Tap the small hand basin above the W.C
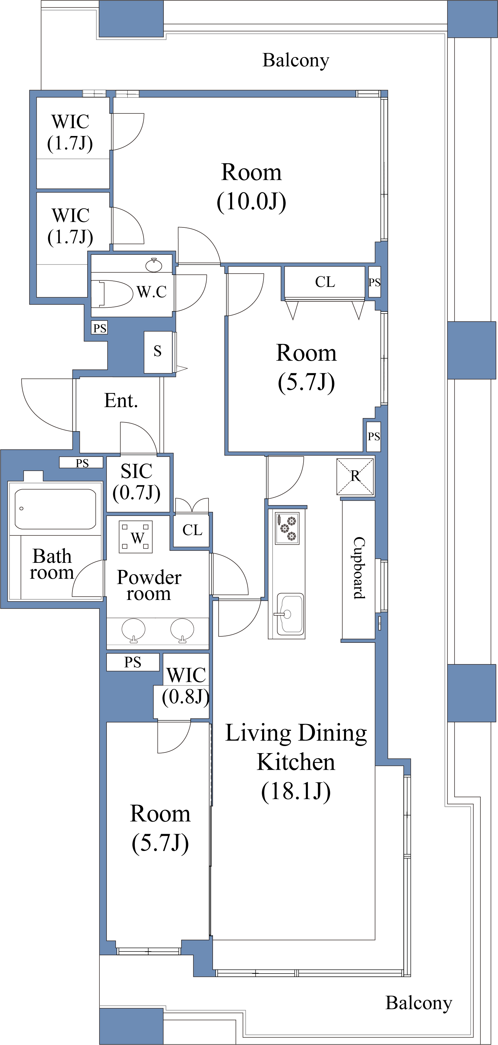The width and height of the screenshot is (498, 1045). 154,265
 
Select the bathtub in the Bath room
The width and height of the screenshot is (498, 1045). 56,509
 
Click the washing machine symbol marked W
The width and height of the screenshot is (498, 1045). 136,537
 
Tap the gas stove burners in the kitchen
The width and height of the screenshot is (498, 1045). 287,528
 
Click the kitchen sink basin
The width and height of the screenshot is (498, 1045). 290,613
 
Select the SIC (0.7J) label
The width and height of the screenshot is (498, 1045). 136,482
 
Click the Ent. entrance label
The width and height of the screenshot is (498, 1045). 121,401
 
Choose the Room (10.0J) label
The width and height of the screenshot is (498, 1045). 251,187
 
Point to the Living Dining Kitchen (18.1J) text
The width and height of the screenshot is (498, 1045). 296,762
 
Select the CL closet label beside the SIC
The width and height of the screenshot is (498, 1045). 192,530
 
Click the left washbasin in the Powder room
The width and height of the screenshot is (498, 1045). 133,630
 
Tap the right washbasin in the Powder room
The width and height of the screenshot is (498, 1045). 182,630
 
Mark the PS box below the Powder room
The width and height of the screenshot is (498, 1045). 133,662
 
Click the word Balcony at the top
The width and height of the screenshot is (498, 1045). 296,61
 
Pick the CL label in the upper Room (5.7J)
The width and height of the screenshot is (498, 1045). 325,282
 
